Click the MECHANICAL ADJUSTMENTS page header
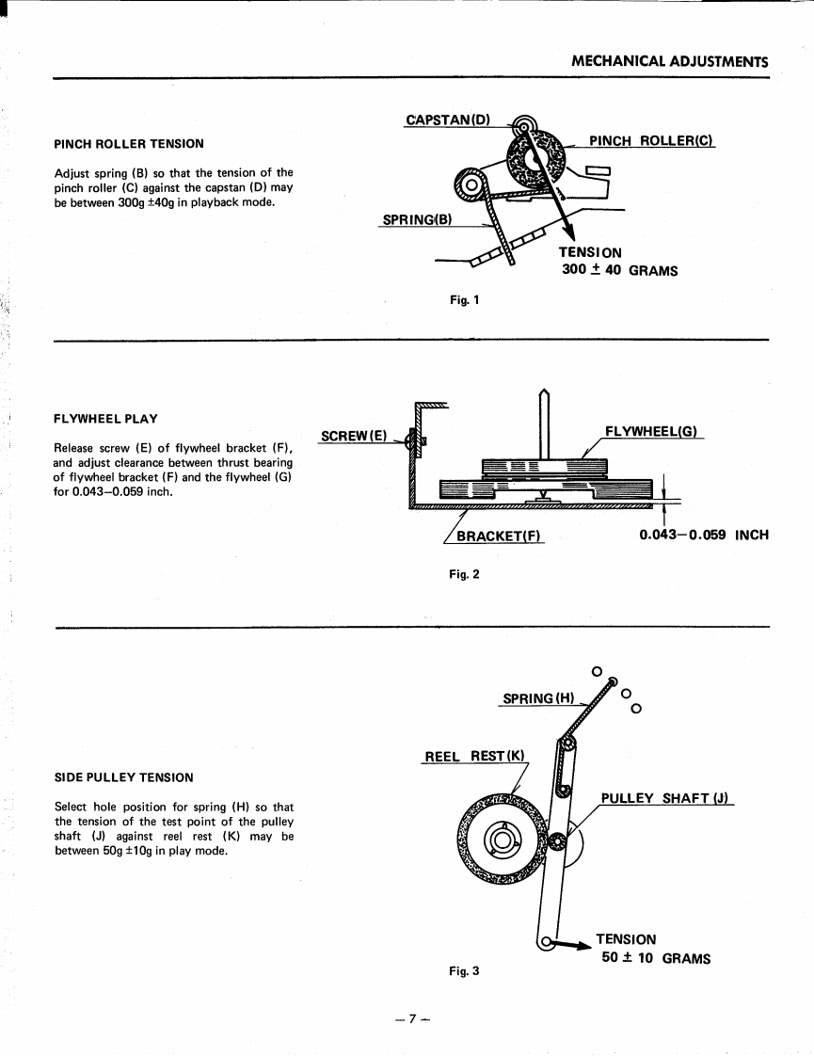669,62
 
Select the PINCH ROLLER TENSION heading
128,144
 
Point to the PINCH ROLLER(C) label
651,141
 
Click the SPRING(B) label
417,220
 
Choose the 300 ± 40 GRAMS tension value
619,271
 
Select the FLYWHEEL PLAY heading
105,419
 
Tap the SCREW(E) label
354,436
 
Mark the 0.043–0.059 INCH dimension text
703,535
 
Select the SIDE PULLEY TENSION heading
124,777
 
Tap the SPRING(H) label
537,698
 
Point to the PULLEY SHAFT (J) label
666,799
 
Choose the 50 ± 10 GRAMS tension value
655,958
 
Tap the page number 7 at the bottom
407,1018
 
